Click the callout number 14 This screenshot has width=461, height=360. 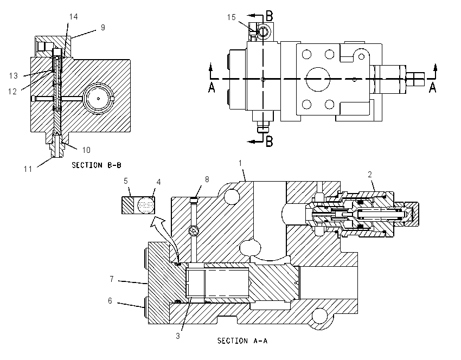click(x=74, y=17)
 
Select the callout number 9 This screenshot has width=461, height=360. click(x=103, y=27)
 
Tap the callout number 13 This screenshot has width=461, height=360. click(x=13, y=76)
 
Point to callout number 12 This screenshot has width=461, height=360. click(x=12, y=92)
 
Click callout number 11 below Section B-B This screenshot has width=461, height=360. click(x=28, y=169)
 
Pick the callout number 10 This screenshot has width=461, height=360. click(x=86, y=150)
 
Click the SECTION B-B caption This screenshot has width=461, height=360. click(x=97, y=165)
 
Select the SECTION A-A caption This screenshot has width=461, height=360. click(x=242, y=340)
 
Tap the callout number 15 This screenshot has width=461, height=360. click(x=232, y=17)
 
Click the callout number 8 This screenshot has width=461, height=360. click(x=207, y=179)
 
